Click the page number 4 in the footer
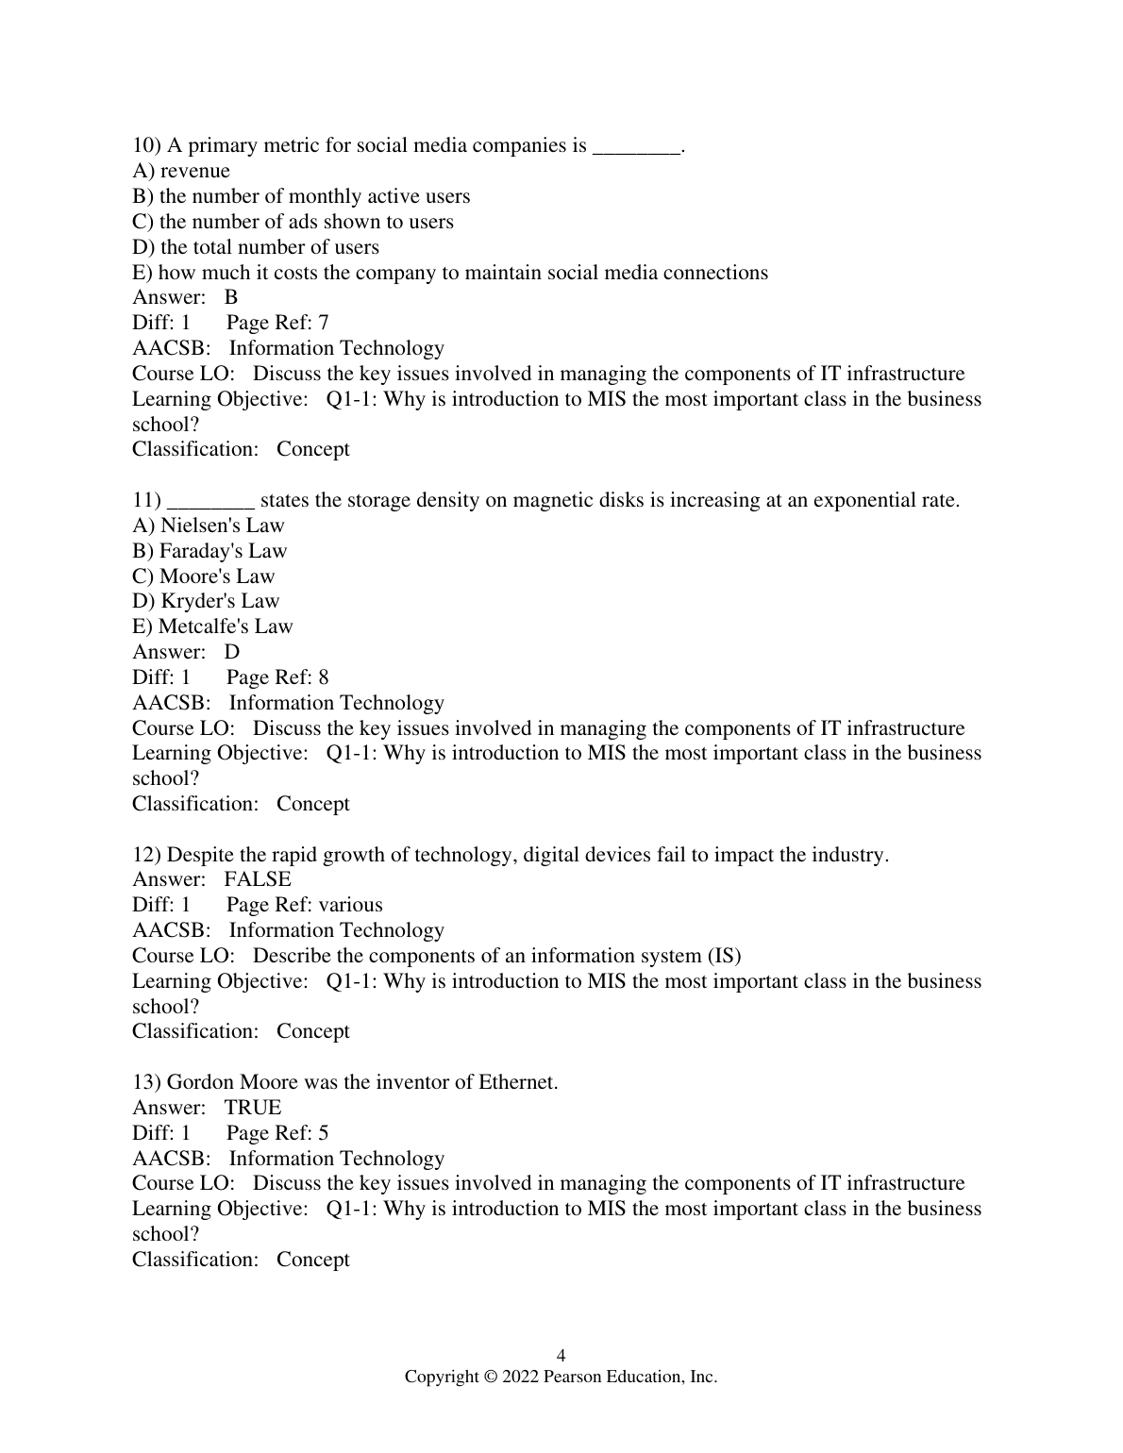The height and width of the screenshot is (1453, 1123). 561,1356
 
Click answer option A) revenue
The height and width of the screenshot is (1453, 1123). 181,171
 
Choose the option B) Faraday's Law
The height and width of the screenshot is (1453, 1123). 210,551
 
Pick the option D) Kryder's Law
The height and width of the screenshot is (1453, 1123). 206,601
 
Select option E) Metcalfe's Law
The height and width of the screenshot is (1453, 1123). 212,626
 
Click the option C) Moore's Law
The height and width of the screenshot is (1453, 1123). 204,576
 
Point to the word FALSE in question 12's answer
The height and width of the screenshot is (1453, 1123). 258,879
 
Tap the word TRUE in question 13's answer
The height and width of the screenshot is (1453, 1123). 253,1108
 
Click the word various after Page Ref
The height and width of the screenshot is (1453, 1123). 350,905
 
